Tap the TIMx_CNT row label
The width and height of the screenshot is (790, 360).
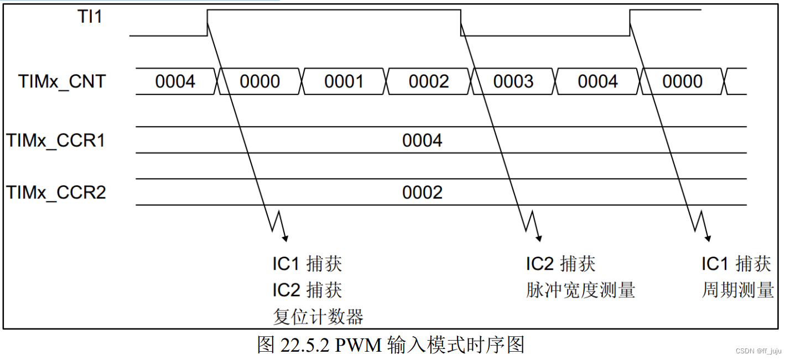point(62,82)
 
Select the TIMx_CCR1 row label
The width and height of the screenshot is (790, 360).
point(56,140)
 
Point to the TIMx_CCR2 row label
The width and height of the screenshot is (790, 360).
point(56,192)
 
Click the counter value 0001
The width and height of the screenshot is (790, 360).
point(344,82)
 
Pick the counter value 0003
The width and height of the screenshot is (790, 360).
point(513,82)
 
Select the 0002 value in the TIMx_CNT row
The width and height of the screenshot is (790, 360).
point(429,82)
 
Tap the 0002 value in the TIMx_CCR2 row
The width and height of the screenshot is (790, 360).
point(422,192)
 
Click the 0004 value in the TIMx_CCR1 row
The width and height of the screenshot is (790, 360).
point(422,140)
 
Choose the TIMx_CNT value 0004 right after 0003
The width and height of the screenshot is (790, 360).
point(598,82)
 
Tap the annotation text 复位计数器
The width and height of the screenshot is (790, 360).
point(318,317)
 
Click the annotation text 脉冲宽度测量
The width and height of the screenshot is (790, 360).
point(580,290)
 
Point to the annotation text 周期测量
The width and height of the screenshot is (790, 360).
point(737,290)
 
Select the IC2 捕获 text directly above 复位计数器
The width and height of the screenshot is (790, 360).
point(307,290)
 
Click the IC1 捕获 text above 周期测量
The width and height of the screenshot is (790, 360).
point(736,264)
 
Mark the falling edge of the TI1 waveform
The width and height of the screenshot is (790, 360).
point(461,23)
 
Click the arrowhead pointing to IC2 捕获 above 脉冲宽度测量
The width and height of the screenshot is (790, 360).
point(538,238)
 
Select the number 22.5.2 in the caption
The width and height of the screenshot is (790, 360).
point(305,346)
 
